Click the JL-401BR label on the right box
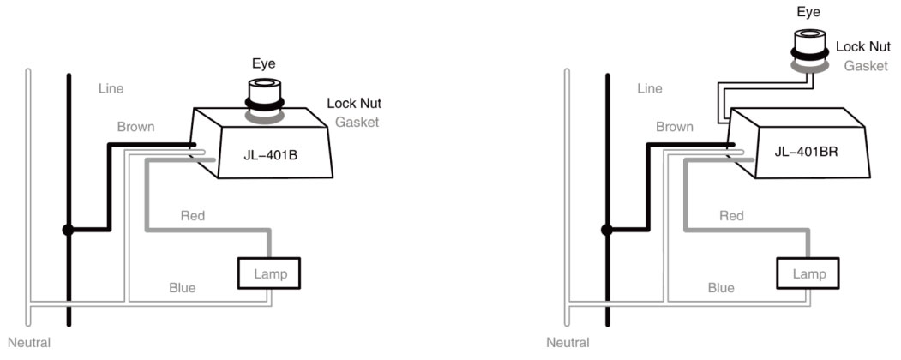click(x=805, y=152)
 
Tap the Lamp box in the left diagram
click(x=270, y=273)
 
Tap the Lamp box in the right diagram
click(x=808, y=273)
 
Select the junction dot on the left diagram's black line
click(x=68, y=230)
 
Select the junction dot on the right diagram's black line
click(x=607, y=230)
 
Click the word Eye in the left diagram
click(x=262, y=63)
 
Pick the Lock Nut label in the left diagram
click(x=354, y=103)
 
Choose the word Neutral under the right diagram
click(x=568, y=343)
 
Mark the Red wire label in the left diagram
click(x=192, y=216)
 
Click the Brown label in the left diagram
click(x=135, y=127)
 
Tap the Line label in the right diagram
click(x=651, y=88)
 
